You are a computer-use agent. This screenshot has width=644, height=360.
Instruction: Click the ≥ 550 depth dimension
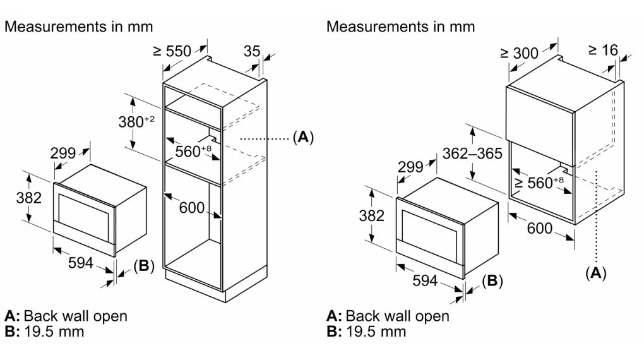coord(172,51)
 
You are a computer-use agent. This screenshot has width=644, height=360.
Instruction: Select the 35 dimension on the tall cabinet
coord(251,51)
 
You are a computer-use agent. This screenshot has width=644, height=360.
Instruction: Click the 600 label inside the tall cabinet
coord(191,208)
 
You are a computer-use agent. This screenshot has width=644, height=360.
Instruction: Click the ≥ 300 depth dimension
coord(519,53)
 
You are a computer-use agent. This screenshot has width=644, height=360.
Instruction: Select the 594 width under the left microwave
coord(81,263)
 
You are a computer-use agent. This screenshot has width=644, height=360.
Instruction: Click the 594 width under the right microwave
coord(425,280)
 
